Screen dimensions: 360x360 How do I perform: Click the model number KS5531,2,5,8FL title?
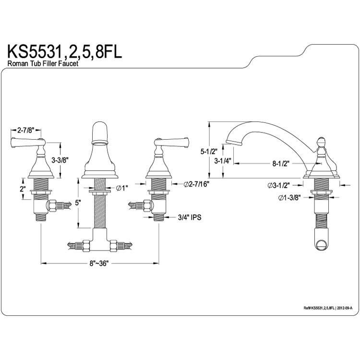tap(65, 52)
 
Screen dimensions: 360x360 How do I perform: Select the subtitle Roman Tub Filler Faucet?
tap(43, 63)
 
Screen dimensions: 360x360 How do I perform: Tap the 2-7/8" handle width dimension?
tap(25, 130)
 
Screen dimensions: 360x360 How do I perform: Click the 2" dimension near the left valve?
tap(22, 189)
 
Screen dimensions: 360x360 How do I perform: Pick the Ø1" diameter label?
tap(122, 188)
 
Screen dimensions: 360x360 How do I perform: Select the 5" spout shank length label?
tap(78, 203)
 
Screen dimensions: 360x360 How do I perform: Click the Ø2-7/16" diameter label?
tap(196, 184)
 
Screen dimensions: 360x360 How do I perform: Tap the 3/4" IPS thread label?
tap(190, 217)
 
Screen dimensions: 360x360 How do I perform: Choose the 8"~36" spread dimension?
tap(99, 264)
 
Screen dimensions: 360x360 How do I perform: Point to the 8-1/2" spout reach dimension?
tap(281, 164)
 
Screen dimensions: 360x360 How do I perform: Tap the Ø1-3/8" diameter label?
tap(289, 198)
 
